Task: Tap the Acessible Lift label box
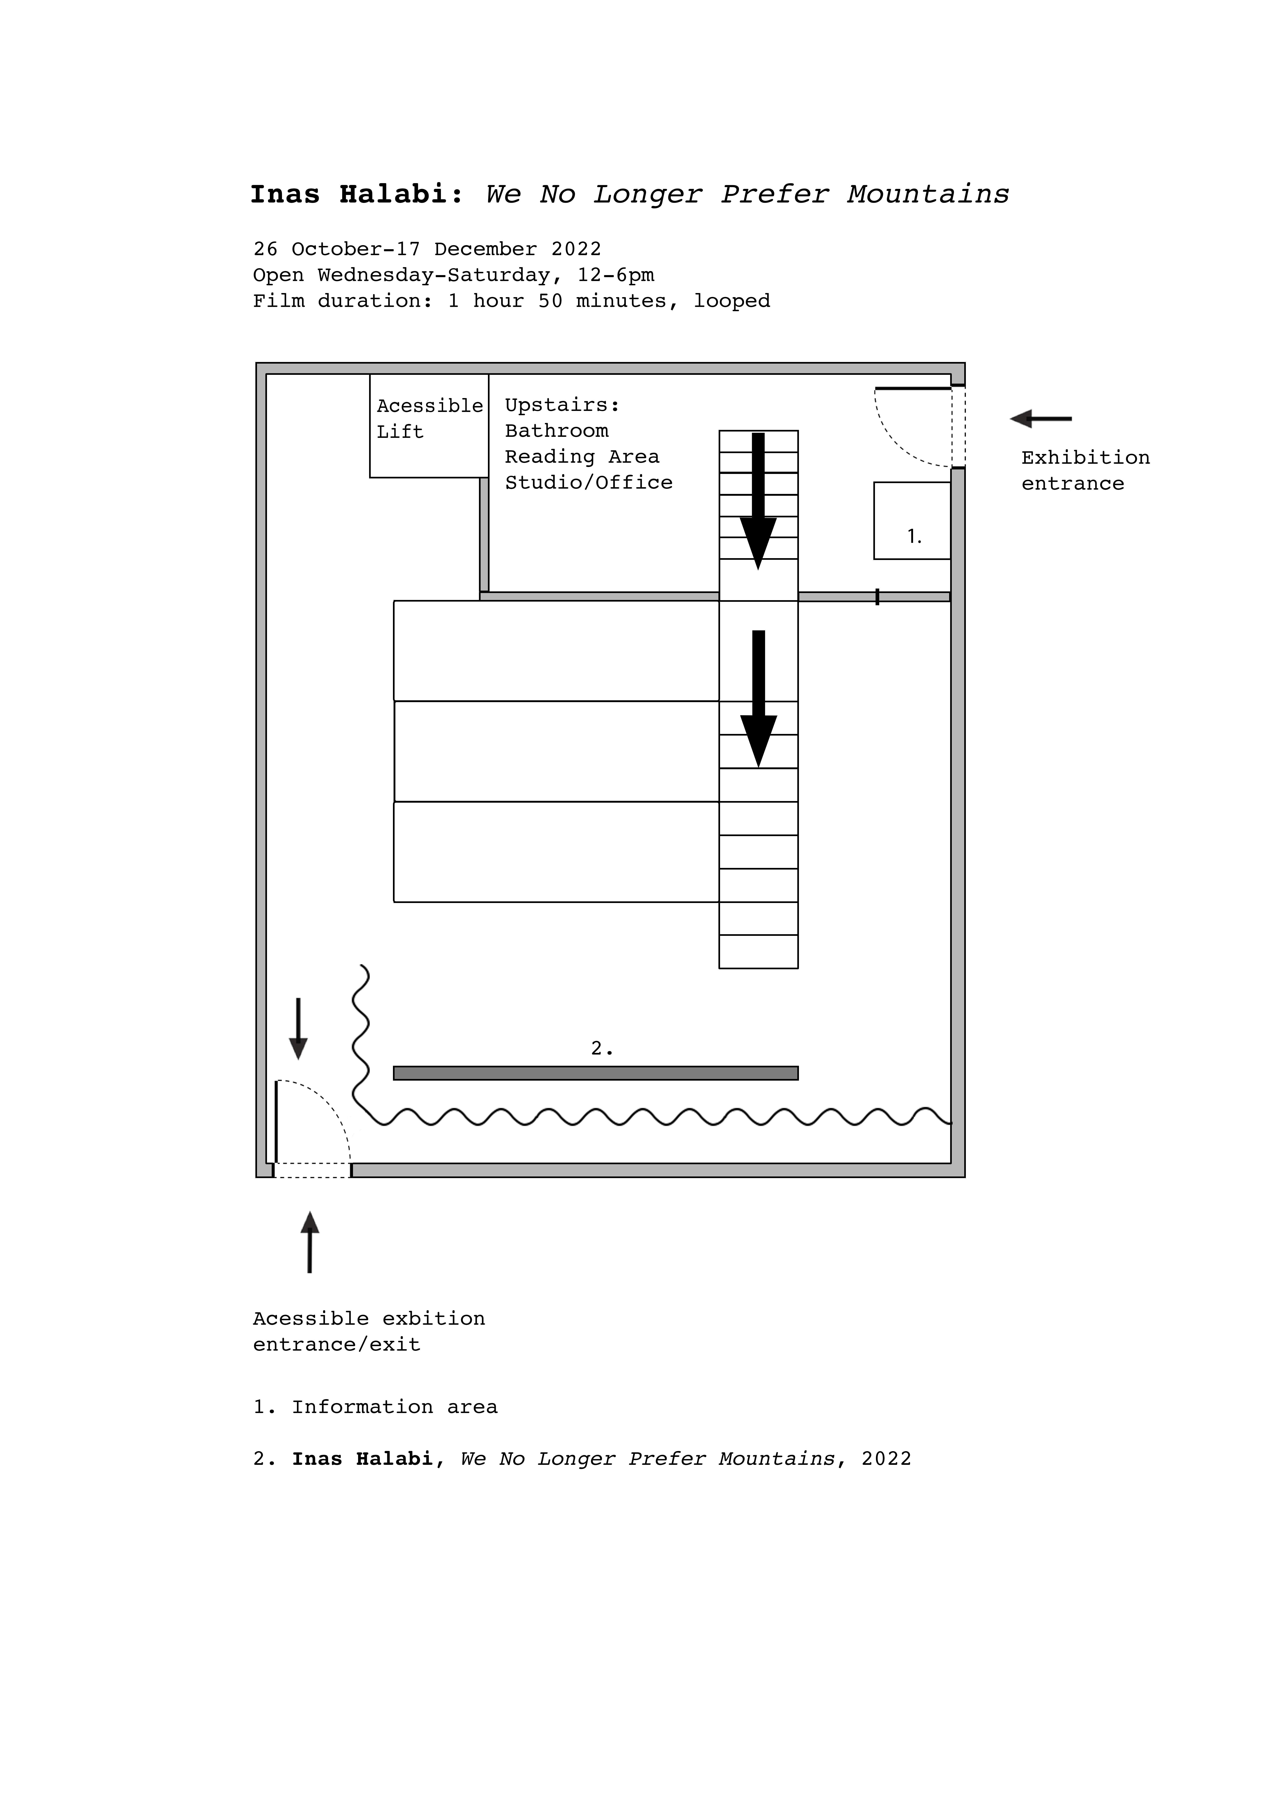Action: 429,426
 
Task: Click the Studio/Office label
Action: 589,483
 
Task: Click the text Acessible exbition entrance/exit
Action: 369,1331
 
